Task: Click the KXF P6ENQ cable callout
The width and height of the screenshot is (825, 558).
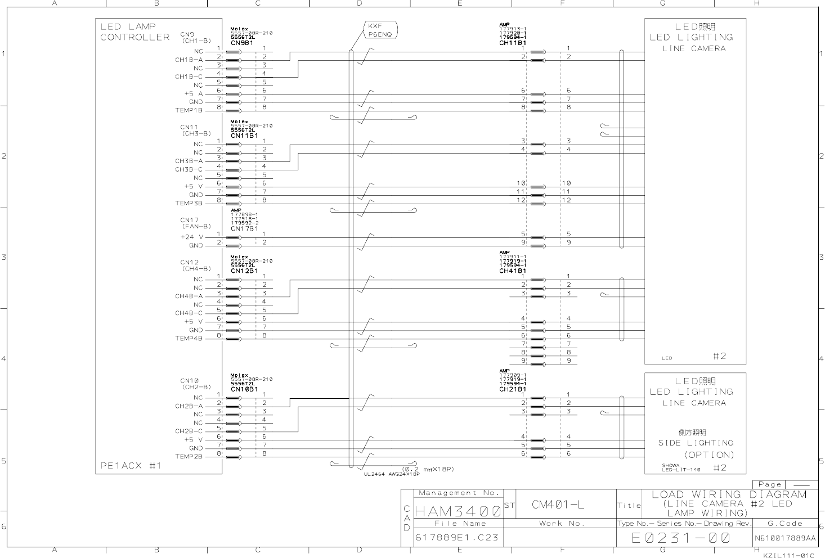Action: point(380,30)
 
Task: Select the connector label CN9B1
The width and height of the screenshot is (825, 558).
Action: point(241,43)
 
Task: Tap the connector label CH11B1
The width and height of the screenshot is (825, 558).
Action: point(512,43)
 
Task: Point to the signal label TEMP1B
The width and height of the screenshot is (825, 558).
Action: point(189,111)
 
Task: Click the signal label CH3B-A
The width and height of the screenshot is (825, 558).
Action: point(189,161)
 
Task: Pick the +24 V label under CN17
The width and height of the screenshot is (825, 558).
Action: point(192,237)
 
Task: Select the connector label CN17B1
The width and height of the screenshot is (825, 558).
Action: point(244,229)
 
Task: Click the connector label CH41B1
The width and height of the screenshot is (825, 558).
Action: point(512,271)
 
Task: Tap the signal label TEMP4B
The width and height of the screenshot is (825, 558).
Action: point(189,339)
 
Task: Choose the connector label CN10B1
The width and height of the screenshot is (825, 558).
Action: point(244,389)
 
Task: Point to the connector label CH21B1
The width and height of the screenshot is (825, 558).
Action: point(512,389)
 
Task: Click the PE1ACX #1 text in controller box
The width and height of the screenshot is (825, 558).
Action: point(131,466)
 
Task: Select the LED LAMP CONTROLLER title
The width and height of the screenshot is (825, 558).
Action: point(135,32)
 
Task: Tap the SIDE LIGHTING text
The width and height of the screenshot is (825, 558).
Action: point(696,443)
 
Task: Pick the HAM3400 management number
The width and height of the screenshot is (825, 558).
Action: point(458,512)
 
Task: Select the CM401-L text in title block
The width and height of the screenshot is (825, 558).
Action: point(558,505)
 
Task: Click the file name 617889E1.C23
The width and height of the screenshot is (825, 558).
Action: point(457,537)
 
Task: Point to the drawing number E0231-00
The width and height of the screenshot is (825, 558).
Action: point(680,538)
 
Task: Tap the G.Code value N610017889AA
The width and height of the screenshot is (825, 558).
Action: point(785,538)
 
